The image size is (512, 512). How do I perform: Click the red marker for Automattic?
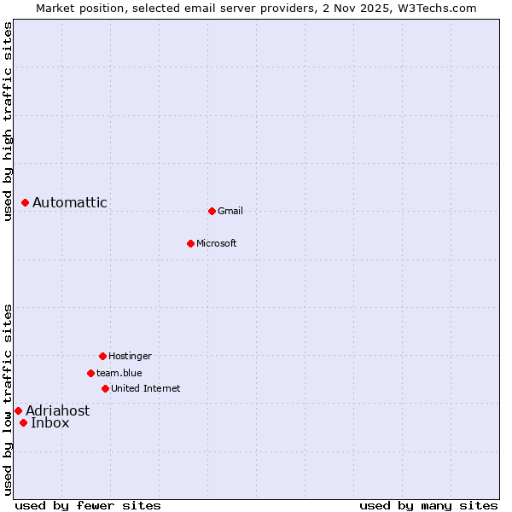point(26,202)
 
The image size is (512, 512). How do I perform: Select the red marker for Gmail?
point(212,211)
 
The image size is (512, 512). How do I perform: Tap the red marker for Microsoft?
point(190,243)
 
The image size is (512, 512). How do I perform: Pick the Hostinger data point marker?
point(102,356)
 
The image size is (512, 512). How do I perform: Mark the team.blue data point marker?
point(90,373)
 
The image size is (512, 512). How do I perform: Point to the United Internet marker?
point(105,388)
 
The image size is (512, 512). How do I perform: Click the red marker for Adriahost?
point(18,410)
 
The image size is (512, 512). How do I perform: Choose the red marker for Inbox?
point(23,422)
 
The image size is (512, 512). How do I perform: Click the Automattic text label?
point(70,202)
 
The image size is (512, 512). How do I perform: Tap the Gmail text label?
point(230,211)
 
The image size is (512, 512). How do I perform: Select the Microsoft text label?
point(217,243)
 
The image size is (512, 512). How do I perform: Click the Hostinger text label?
point(130,356)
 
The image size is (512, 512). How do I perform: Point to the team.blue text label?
point(119,373)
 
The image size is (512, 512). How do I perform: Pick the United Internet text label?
point(146,388)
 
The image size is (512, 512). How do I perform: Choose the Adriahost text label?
point(57,410)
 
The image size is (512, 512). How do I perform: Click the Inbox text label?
point(50,422)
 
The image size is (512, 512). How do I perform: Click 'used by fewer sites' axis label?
point(88,505)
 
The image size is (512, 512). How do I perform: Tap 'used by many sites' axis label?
point(428,505)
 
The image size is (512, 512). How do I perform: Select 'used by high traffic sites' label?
point(8,121)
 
